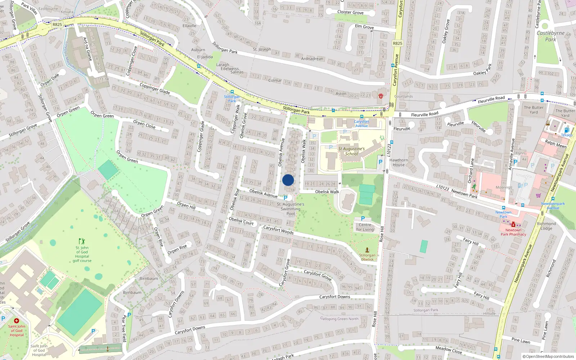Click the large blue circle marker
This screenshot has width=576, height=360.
coord(288,180)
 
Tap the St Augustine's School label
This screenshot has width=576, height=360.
coord(351,151)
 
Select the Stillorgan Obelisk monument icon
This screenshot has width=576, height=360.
coord(367,250)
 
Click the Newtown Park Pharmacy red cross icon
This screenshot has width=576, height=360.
coord(513,225)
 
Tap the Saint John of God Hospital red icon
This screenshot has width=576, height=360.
coord(16,321)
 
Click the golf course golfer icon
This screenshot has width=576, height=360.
coord(82,241)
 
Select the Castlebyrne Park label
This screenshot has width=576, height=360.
coord(550,36)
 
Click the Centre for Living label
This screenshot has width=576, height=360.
coord(365,227)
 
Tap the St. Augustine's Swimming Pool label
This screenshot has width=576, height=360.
coord(291,209)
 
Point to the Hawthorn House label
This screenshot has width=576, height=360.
coord(399,162)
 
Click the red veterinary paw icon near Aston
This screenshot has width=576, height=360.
coord(381,96)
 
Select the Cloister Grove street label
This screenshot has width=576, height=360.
coord(350,12)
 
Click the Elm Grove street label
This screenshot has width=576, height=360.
coord(364,27)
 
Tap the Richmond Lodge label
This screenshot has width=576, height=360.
coord(546,226)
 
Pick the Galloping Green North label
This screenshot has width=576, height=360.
coord(339,319)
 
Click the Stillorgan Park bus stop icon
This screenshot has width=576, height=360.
coord(232,92)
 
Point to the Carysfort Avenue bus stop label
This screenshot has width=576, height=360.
coord(361,123)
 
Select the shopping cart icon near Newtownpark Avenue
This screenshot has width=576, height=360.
coord(538,195)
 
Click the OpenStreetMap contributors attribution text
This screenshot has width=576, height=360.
coord(548,356)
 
